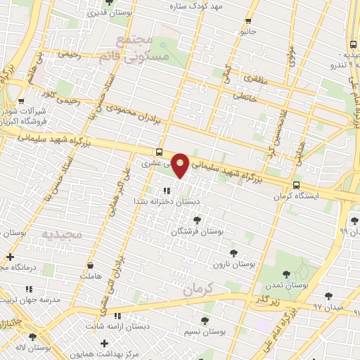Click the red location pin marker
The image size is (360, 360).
tap(181, 165)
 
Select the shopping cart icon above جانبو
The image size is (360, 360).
tap(247, 21)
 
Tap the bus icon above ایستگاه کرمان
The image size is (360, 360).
tap(295, 186)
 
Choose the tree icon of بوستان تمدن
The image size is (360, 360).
tap(286, 275)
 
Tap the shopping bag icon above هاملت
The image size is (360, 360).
tap(90, 266)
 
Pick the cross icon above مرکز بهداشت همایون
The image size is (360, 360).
tap(105, 343)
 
